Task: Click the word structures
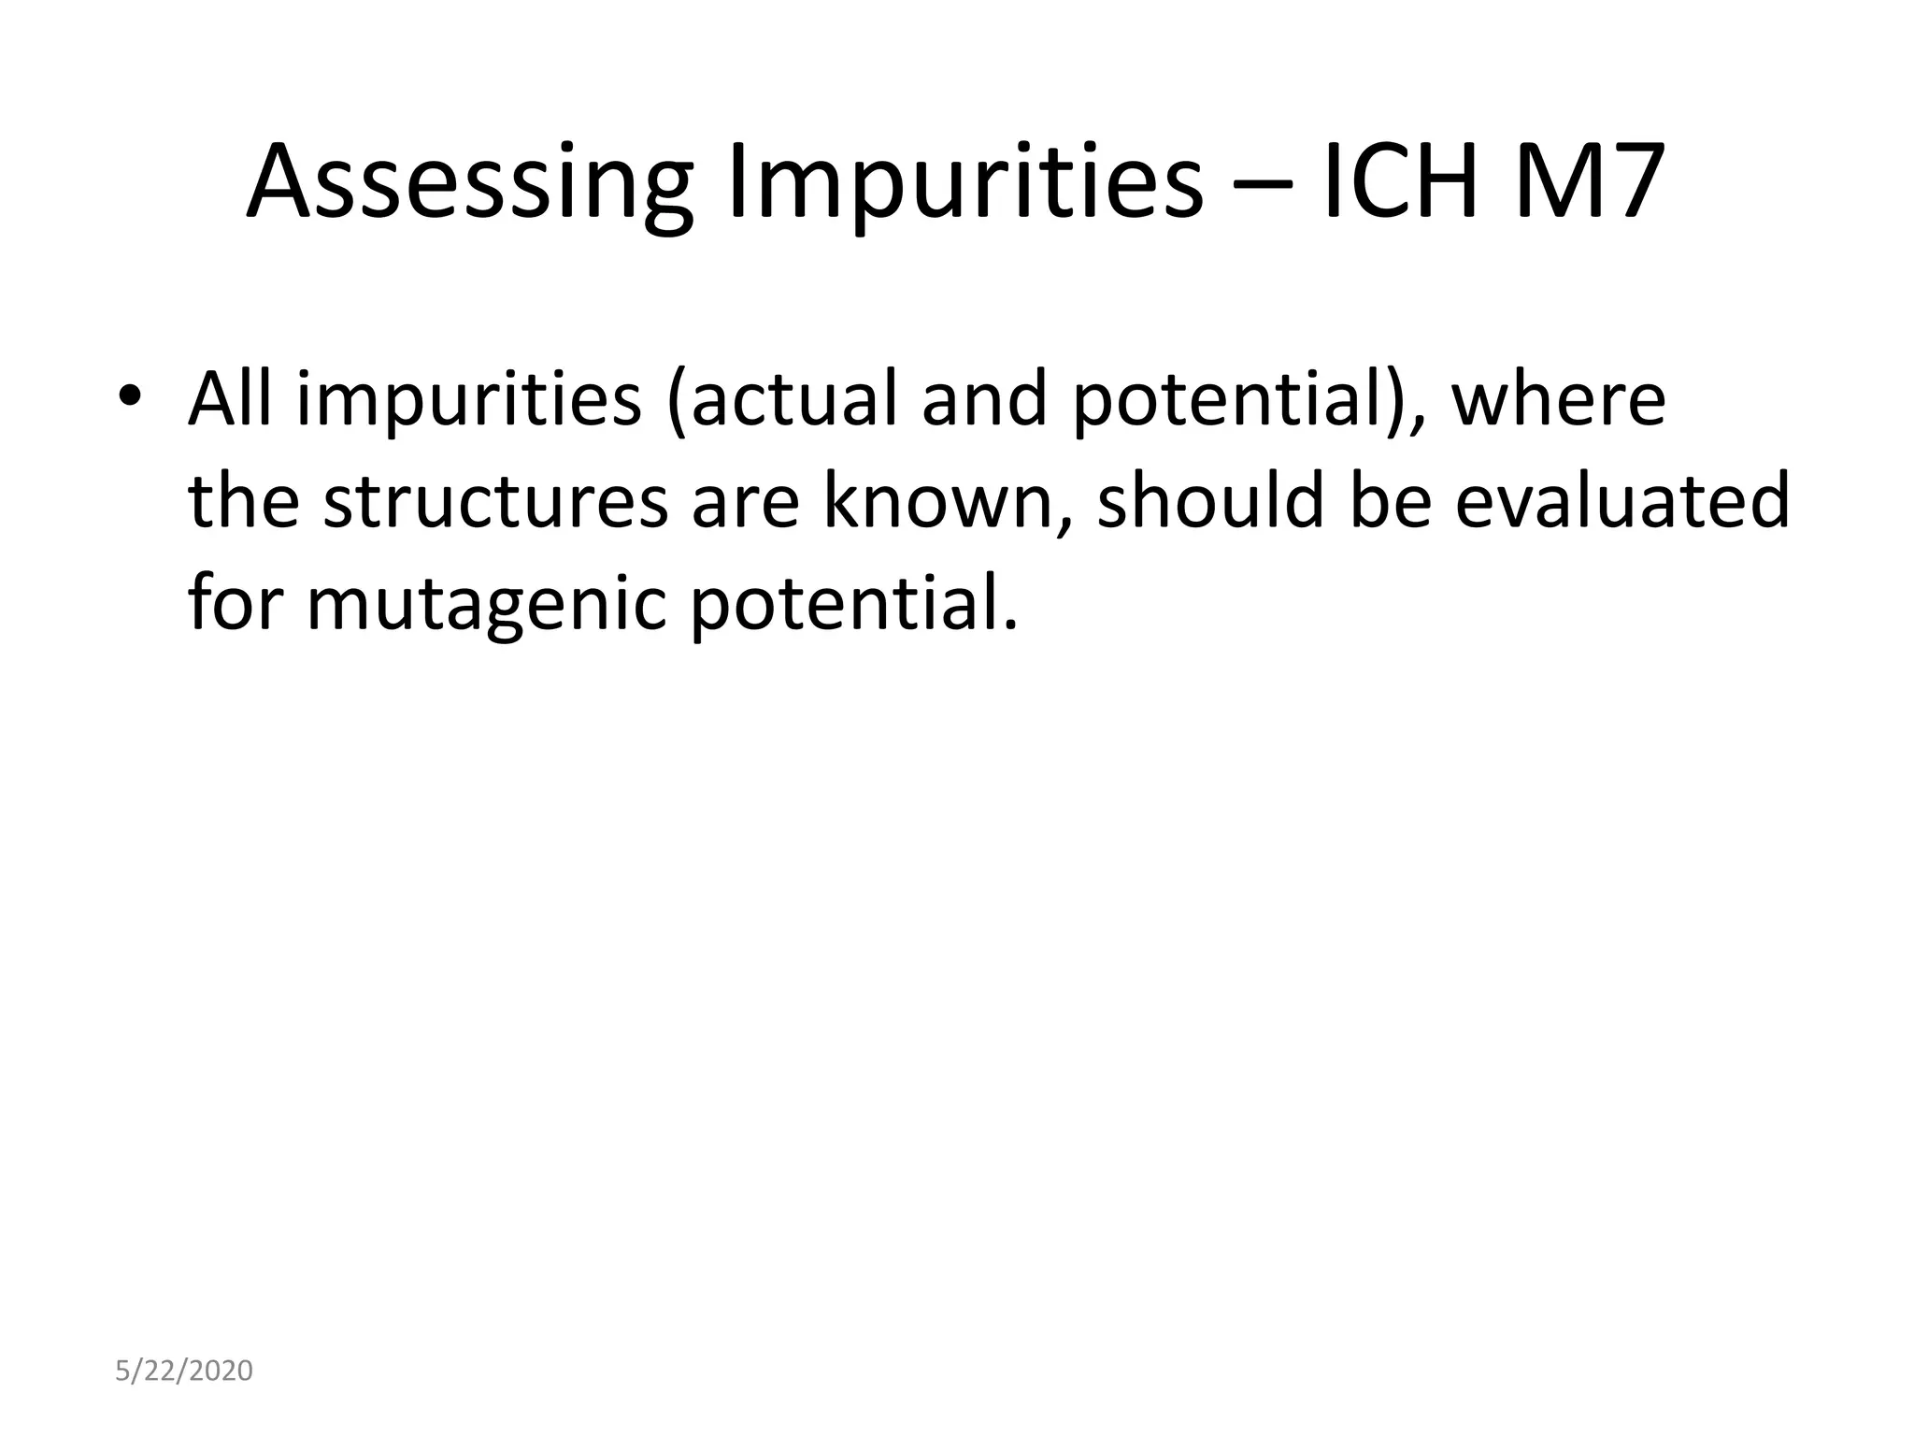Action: click(x=495, y=501)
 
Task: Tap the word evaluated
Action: click(x=1622, y=501)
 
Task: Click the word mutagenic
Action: click(x=486, y=603)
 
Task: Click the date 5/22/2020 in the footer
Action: click(x=184, y=1371)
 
